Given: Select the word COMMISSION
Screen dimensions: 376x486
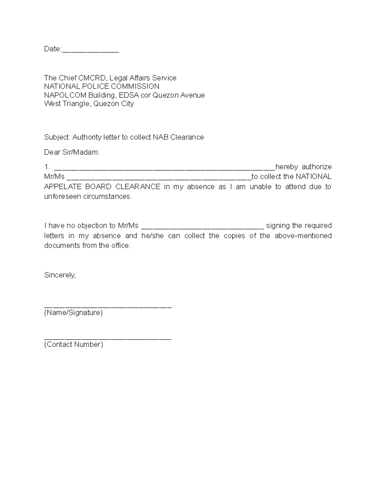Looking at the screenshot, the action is (140, 86).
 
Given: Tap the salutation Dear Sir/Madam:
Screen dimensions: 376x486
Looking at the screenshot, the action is (72, 152).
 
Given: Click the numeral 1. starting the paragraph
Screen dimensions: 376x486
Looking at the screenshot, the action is (47, 167).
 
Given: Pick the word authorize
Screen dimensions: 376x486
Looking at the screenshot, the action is (316, 167).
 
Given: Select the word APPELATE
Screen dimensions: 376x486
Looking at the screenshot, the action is (62, 187).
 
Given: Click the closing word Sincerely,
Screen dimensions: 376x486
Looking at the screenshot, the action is (60, 275).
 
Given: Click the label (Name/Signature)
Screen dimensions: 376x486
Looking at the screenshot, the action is (73, 313).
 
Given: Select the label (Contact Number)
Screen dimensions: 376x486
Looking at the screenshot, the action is (74, 345).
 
